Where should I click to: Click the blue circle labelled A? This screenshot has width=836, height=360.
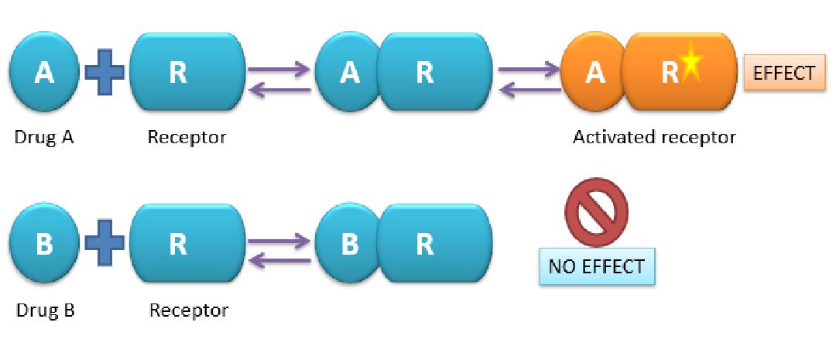[44, 72]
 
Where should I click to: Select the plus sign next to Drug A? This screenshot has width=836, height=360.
[104, 73]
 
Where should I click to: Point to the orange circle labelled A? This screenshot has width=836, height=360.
[594, 72]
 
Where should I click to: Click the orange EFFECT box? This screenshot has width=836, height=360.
[783, 73]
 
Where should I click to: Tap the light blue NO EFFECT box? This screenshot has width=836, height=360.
[596, 267]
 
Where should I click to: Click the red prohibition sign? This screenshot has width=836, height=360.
[595, 211]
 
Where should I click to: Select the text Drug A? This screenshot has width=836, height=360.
[44, 138]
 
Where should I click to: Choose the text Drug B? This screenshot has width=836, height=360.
[45, 310]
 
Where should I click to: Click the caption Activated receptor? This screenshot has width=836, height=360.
[654, 138]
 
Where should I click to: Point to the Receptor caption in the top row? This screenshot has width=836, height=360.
[187, 138]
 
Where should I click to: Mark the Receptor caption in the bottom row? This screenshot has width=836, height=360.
[189, 310]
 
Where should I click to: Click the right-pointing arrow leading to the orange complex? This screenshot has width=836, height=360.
[529, 69]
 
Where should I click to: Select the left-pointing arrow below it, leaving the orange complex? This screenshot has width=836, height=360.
[529, 90]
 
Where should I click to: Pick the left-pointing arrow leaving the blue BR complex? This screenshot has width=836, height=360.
[279, 262]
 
